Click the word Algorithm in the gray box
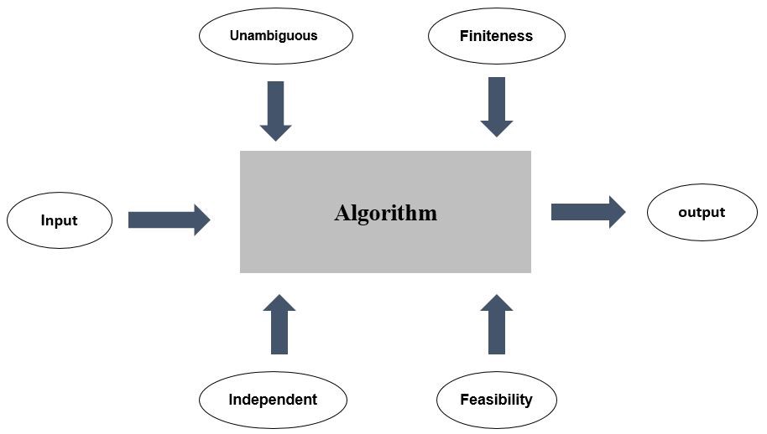[x=385, y=213]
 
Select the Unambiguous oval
[x=276, y=36]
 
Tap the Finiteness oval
[x=497, y=36]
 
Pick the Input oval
[x=60, y=220]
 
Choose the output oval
[x=702, y=212]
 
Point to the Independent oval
[x=273, y=400]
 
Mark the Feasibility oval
[x=497, y=400]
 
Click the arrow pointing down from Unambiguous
[x=276, y=111]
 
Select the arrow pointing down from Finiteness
[x=497, y=107]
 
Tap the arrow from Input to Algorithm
[x=170, y=220]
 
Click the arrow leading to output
[x=588, y=212]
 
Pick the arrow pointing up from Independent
[x=279, y=324]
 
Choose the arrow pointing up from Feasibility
[x=497, y=324]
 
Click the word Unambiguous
[x=274, y=36]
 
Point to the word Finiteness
[x=496, y=36]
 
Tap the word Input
[x=60, y=220]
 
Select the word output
[x=702, y=212]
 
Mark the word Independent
[x=273, y=400]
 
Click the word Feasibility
[x=497, y=400]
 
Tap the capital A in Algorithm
[x=342, y=213]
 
